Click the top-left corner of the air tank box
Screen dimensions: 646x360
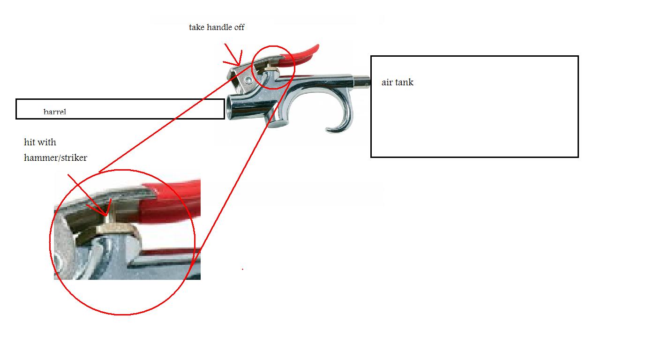click(x=371, y=56)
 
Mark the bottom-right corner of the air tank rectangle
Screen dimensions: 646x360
click(x=578, y=157)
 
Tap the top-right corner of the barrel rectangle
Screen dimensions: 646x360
click(x=224, y=99)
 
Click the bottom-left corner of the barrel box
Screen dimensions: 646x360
click(x=16, y=119)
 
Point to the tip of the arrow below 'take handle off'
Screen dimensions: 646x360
click(x=239, y=66)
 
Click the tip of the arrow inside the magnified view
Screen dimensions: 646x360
click(x=106, y=216)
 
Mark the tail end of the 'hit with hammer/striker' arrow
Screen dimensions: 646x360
click(x=68, y=174)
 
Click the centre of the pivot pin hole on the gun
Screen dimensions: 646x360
click(x=248, y=80)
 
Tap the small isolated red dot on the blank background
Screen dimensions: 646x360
click(x=242, y=269)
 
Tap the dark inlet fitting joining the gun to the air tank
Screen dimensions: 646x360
click(x=361, y=82)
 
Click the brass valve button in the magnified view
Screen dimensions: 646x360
click(x=118, y=229)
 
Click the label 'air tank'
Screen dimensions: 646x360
click(x=398, y=82)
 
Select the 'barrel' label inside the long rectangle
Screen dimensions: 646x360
click(x=54, y=112)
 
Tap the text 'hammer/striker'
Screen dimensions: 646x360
click(x=55, y=157)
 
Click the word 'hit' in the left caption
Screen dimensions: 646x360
click(x=29, y=142)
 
